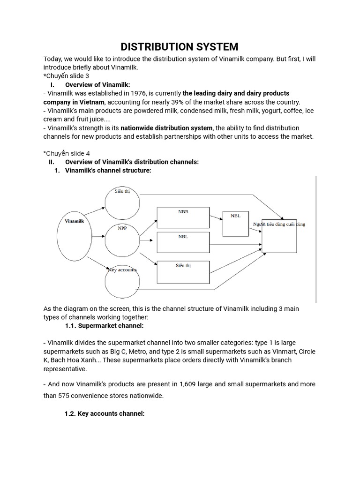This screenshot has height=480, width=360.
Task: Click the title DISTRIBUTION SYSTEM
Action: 180,47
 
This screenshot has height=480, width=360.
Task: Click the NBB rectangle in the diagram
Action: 183,217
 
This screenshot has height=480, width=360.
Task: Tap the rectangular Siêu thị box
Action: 183,272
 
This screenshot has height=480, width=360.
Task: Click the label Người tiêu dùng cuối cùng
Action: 279,225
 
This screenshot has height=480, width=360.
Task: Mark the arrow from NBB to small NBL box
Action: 216,217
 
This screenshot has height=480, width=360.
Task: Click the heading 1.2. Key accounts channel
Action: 105,414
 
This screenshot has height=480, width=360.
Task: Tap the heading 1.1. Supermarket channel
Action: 105,325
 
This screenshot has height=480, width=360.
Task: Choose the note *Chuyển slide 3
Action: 66,75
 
